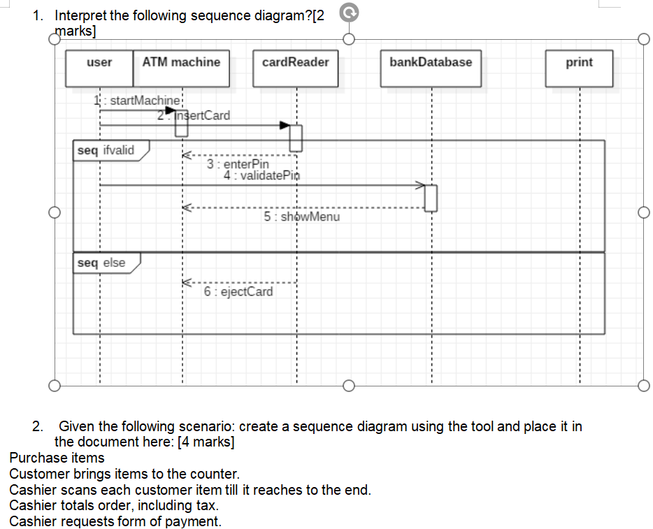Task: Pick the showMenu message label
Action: [x=302, y=217]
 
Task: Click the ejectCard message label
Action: [x=238, y=291]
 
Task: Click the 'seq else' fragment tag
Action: [x=102, y=263]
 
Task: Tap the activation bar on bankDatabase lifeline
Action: [x=431, y=197]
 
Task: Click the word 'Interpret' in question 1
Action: [x=80, y=16]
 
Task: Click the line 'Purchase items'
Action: [x=57, y=458]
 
